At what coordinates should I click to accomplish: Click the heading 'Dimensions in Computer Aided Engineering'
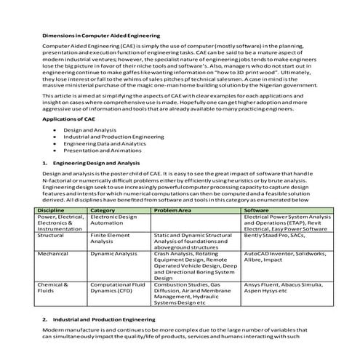(102, 34)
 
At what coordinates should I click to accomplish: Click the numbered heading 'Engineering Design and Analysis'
(103, 163)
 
